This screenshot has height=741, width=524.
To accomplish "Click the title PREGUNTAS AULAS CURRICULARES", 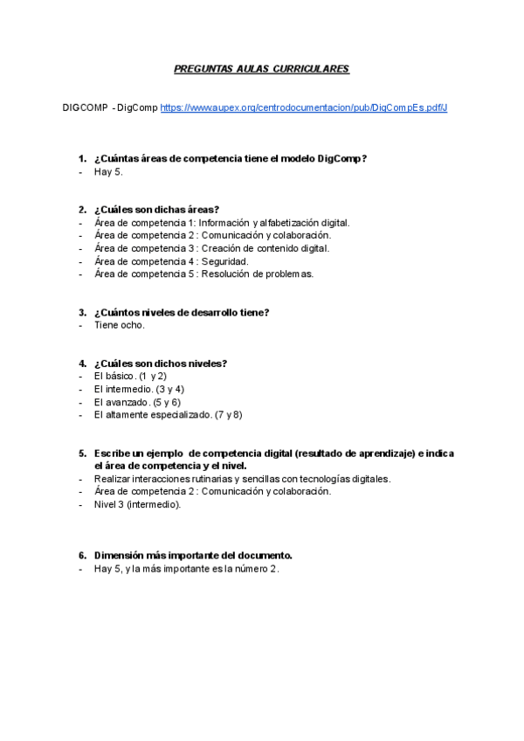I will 262,68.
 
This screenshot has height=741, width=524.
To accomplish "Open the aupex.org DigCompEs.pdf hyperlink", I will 304,107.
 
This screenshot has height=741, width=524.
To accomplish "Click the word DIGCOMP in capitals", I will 85,107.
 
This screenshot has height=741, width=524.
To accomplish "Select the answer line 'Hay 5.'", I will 108,172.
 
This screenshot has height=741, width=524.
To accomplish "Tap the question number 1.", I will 82,158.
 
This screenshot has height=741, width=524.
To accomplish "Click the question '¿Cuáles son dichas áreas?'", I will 156,210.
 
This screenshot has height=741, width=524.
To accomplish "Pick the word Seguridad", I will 224,261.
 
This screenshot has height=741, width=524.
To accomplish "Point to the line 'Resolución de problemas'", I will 257,274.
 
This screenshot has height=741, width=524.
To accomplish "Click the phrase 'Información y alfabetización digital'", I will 274,223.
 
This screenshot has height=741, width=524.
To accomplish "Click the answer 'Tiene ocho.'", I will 120,325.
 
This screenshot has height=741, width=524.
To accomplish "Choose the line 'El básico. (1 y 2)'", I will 130,376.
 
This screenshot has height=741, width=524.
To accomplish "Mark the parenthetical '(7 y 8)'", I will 229,415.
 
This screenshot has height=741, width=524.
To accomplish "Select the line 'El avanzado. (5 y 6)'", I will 137,402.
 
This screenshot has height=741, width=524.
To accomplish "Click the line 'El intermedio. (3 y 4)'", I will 139,389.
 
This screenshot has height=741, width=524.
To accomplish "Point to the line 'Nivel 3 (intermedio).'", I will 138,504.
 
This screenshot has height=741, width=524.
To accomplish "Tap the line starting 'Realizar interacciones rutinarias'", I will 242,479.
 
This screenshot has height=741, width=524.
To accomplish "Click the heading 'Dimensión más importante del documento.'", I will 193,555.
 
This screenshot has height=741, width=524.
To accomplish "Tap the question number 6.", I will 82,555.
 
